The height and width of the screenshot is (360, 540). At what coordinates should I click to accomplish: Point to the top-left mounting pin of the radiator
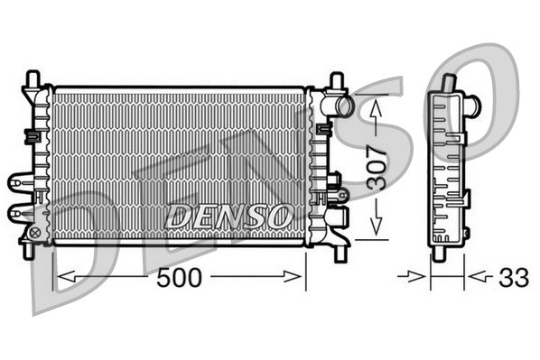pos(34,78)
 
